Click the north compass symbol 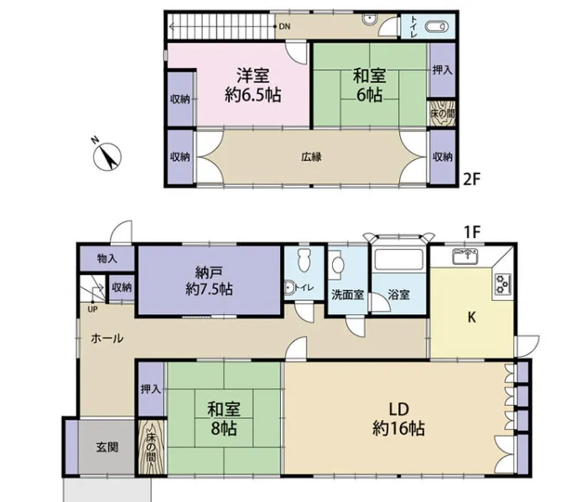click(107, 155)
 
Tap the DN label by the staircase click(284, 27)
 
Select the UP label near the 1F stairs click(92, 310)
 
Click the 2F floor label click(471, 179)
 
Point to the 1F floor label click(472, 232)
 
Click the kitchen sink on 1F click(467, 256)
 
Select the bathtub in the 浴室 click(398, 258)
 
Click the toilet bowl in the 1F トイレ click(304, 260)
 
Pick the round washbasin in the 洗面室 click(339, 265)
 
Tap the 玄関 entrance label click(107, 447)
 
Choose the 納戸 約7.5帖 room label click(209, 280)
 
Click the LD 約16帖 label click(398, 419)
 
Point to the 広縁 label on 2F click(311, 157)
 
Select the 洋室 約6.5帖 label click(253, 85)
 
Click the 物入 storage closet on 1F click(107, 258)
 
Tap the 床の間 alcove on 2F click(442, 112)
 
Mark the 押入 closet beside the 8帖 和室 click(151, 389)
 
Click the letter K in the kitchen click(471, 318)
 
